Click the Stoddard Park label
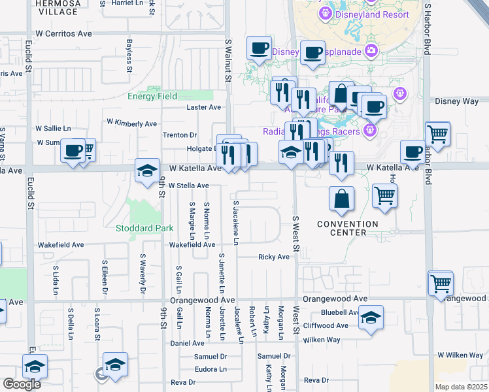point(144,229)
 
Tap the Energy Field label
point(152,97)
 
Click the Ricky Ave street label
point(273,257)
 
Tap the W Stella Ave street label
point(188,186)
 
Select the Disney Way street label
point(457,101)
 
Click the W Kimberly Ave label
point(131,123)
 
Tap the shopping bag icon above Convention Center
point(341,199)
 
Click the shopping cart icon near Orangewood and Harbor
point(441,284)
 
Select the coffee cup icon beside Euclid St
point(73,151)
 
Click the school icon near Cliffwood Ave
point(371,318)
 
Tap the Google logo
point(22,384)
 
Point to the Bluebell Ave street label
point(340,312)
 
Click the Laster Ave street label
point(204,107)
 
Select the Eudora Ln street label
point(210,369)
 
